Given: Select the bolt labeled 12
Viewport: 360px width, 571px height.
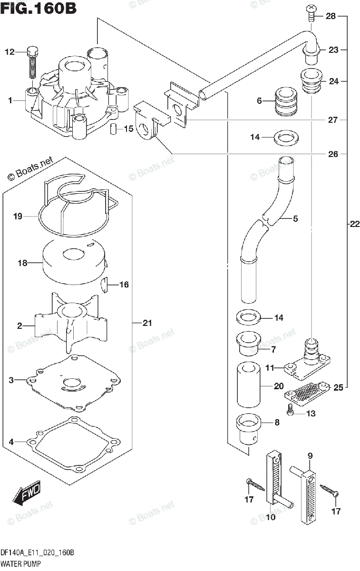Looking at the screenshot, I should [32, 62].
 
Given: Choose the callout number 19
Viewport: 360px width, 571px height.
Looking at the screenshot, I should [18, 217].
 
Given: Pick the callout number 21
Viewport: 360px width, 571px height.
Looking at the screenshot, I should [147, 324].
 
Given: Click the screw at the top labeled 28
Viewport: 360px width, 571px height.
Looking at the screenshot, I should [311, 12].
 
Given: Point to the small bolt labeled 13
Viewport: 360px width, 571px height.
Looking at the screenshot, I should [290, 408].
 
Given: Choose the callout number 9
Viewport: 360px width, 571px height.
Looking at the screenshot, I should [310, 456].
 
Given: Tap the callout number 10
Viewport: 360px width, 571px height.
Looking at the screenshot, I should [271, 517].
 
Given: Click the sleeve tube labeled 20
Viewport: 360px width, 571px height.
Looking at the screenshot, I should [248, 385].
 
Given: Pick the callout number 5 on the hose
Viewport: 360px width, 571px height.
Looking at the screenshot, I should [295, 219].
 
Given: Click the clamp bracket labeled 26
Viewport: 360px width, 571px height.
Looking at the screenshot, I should [147, 121].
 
